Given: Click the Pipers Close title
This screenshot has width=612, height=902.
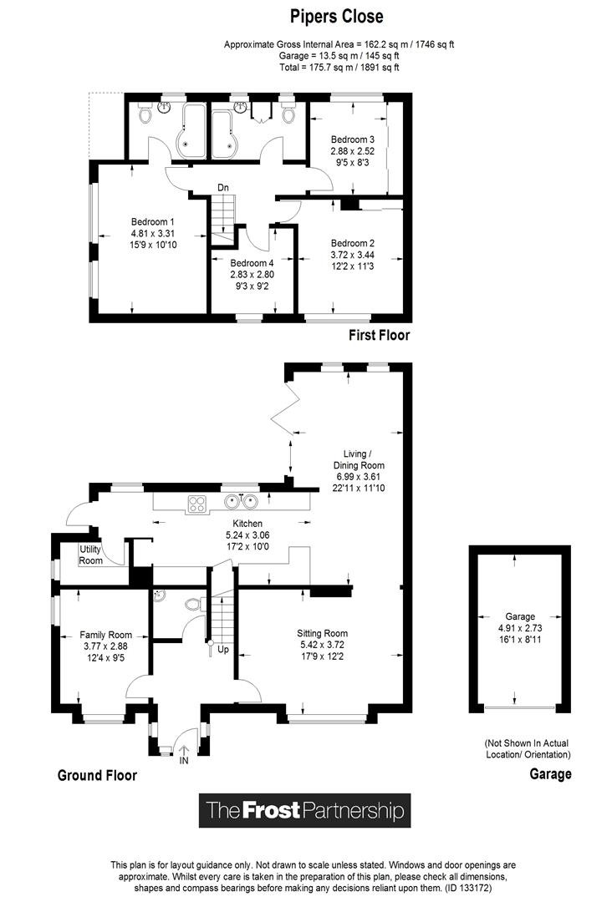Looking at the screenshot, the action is coord(337,17).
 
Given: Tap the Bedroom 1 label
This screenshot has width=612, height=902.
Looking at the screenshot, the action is coord(152,222).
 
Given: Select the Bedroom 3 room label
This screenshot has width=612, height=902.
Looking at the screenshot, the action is coord(352,139).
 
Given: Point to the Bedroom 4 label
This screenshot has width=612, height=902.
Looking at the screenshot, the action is coord(252,263).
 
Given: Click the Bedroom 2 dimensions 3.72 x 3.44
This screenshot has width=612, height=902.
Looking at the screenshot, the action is coord(352,255).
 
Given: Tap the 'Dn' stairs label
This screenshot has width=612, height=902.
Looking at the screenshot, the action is coord(222,188).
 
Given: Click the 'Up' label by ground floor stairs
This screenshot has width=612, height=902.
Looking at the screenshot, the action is coord(223,650).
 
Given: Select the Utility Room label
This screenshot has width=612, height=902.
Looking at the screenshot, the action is coord(90,555).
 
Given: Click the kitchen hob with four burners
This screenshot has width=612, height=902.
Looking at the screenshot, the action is coord(196,504).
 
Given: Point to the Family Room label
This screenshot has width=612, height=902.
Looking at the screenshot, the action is coord(106,635).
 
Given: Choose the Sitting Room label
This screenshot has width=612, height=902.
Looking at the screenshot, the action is coord(323,633).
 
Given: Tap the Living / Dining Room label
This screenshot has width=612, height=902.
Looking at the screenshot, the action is coord(359,459).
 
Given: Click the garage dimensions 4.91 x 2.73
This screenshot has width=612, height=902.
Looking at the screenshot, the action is coord(520,628).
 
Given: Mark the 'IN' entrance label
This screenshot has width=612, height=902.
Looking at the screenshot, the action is coord(184,761).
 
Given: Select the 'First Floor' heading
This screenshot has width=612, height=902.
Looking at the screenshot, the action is coord(380,336).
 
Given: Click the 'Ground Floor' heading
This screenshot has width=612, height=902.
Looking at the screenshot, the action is coord(97,775).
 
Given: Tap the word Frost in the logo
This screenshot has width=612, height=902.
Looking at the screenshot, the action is coord(271,810).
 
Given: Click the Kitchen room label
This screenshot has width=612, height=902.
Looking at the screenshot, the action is coord(247,524).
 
